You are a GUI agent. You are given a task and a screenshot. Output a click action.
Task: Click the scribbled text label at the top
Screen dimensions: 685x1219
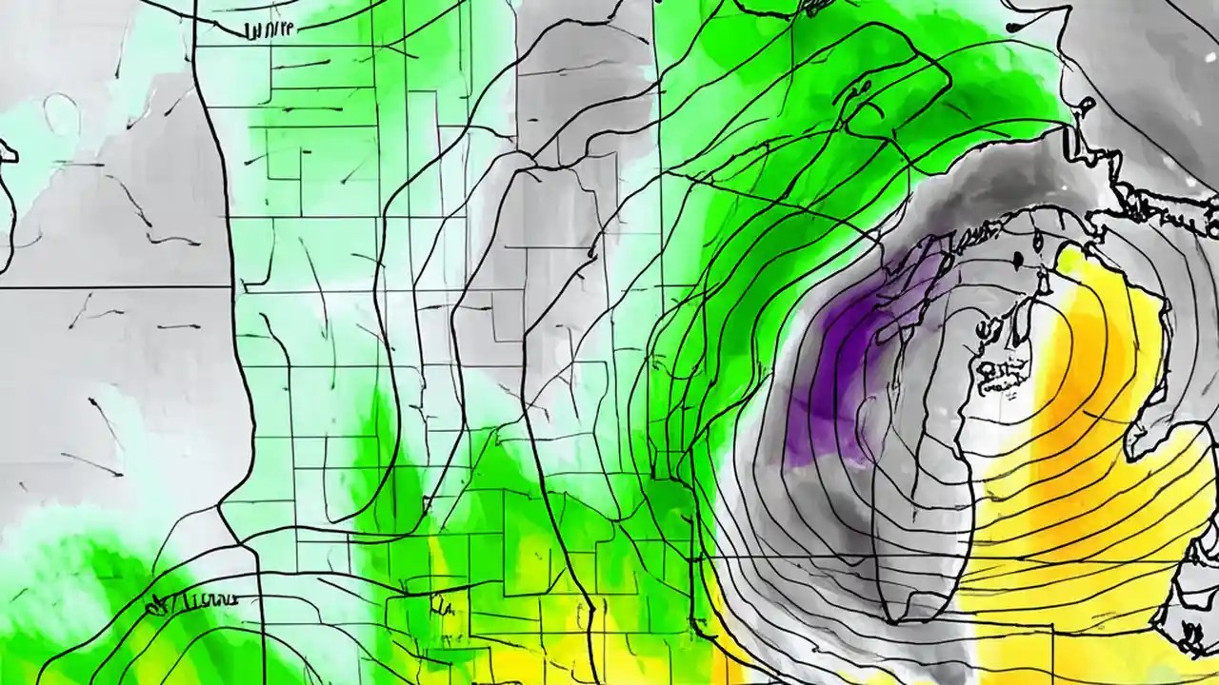tap(270, 30)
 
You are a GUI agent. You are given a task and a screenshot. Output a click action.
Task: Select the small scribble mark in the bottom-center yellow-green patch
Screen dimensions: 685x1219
tap(441, 604)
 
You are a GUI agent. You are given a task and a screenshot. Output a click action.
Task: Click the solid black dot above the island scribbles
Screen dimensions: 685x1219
tap(1018, 260)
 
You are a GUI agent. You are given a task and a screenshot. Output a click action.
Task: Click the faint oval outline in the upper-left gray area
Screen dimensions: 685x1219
tap(62, 114)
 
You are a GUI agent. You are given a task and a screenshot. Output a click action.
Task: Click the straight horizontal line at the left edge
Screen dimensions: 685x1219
tap(114, 286)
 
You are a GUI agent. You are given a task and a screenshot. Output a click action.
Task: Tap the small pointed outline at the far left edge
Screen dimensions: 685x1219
tap(8, 150)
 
